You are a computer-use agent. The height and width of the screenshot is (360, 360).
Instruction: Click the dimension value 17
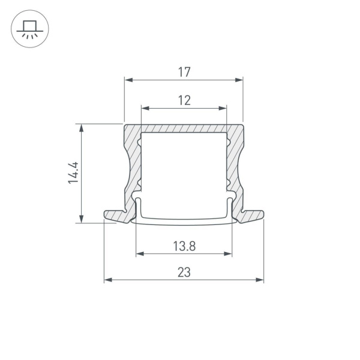(x=184, y=72)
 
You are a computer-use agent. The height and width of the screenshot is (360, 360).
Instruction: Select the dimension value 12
(x=184, y=101)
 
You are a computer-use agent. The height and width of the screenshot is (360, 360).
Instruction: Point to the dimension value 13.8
(x=184, y=245)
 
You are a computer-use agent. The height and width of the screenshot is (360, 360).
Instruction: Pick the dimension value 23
(x=184, y=272)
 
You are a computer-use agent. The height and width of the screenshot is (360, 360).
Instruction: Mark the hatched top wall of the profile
(x=184, y=129)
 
